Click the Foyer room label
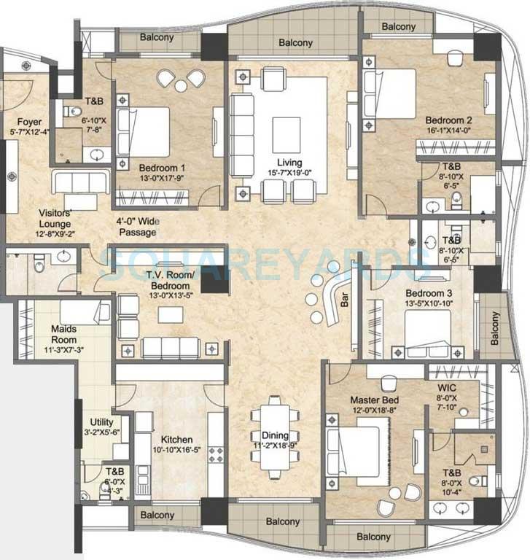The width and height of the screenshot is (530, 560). coord(30,122)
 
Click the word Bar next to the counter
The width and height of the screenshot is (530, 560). coord(343,299)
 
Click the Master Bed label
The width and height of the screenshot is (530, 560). coord(374,400)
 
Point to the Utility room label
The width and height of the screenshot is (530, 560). coord(101,421)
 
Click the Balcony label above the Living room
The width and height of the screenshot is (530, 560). coord(296,43)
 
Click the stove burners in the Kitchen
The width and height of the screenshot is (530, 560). coord(217,456)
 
